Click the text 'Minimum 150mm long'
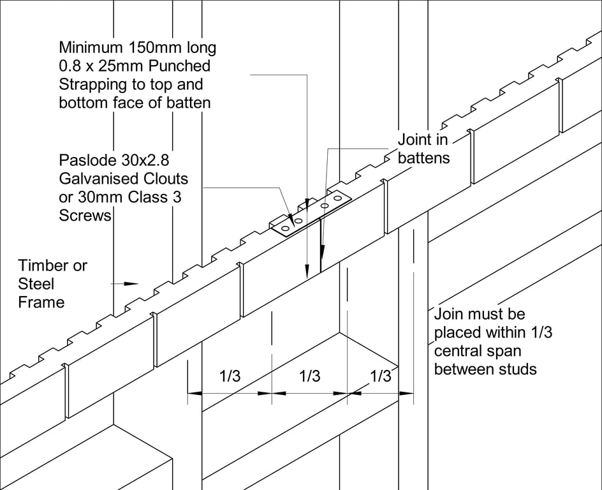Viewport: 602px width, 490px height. tap(137, 47)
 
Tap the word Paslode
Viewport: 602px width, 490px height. tap(85, 160)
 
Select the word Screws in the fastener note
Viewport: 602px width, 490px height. tap(85, 216)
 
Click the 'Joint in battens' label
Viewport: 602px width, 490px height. tap(423, 148)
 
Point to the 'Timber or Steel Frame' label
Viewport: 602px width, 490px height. tap(52, 283)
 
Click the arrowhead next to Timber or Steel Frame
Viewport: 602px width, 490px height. tap(131, 283)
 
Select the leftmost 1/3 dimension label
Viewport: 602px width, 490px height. tap(230, 376)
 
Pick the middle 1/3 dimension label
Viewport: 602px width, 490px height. tap(309, 376)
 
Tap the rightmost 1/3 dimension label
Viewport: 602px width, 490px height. tap(380, 376)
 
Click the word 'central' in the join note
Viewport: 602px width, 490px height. tap(459, 350)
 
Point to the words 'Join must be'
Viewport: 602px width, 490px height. tap(479, 314)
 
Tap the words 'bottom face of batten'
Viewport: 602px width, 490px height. tap(135, 102)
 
